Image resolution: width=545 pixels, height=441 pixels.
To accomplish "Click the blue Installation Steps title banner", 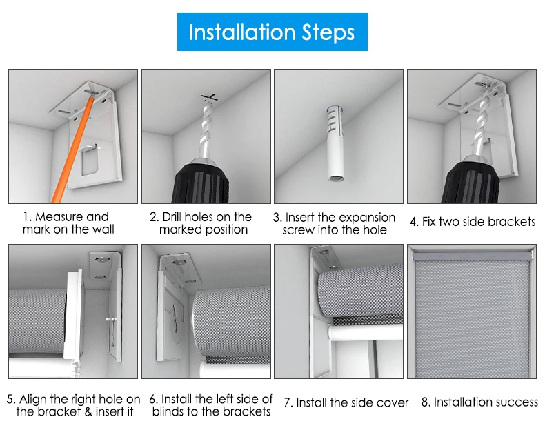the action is point(272,32).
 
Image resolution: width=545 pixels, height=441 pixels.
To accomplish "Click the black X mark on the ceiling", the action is point(210,97).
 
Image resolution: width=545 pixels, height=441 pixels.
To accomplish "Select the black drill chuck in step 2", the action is point(201,182).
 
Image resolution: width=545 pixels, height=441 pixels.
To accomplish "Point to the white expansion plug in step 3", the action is point(336,144).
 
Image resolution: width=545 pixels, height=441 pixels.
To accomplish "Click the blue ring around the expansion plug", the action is point(335,109).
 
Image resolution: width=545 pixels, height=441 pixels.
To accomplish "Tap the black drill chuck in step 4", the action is point(470,183).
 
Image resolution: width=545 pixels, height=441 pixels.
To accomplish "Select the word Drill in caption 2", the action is point(172,216).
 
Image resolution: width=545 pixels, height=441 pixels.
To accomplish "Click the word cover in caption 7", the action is point(392,403).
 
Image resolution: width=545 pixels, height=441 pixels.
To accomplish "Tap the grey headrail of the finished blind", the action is point(472,256).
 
